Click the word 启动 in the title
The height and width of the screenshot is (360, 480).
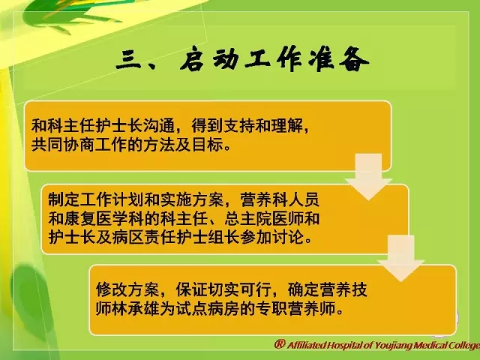click(x=211, y=59)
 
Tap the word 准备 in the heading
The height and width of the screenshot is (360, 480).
click(x=339, y=59)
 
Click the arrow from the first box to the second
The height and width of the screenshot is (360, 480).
click(x=368, y=177)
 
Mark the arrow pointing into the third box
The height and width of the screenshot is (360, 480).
click(x=401, y=258)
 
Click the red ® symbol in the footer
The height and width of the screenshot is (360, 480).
click(x=280, y=344)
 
